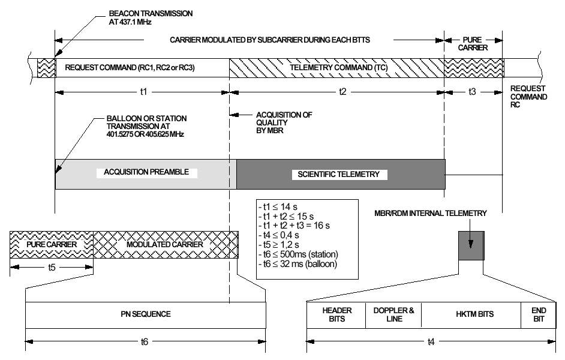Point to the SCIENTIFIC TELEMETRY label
pyautogui.click(x=339, y=175)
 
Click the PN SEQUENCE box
pyautogui.click(x=145, y=314)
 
